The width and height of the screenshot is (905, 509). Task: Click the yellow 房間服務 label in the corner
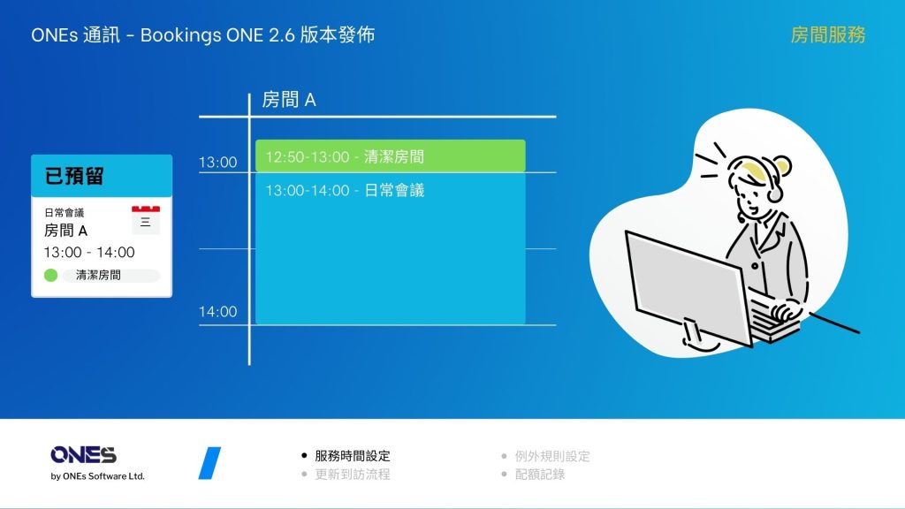point(827,35)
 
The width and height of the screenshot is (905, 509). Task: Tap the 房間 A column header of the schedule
point(289,100)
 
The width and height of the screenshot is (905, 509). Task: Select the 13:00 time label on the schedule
point(217,163)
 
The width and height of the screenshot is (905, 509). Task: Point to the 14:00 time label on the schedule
point(217,312)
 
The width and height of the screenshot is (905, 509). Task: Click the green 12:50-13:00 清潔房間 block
point(390,156)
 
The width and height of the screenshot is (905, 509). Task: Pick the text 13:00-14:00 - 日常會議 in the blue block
point(345,191)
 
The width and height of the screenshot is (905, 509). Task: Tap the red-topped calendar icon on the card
point(146,220)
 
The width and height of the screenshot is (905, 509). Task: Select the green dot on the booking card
point(50,276)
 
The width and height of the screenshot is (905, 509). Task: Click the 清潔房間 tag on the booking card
point(110,276)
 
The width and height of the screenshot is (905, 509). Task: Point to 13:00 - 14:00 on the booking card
point(89,252)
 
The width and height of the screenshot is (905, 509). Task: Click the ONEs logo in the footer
point(84,455)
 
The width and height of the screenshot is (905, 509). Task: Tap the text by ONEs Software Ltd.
point(97,476)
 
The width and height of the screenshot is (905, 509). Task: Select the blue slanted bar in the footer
point(209,463)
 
